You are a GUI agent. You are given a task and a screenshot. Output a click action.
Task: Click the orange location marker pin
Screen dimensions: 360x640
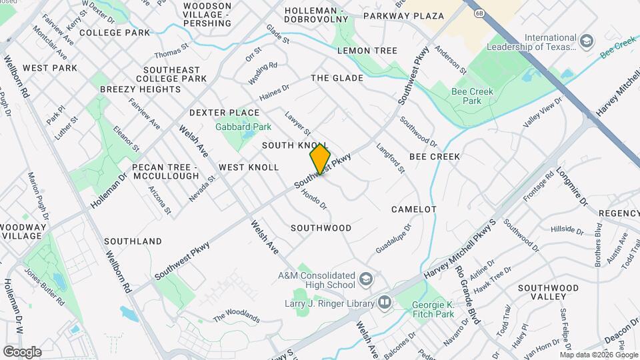[321, 159]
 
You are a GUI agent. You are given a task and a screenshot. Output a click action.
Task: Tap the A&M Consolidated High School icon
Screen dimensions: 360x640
[365, 279]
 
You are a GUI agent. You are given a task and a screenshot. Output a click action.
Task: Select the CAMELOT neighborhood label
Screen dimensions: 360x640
[413, 209]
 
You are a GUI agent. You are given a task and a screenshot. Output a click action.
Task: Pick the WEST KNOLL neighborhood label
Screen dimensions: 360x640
[249, 167]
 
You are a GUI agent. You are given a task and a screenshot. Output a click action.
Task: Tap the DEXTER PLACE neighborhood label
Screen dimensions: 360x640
[224, 113]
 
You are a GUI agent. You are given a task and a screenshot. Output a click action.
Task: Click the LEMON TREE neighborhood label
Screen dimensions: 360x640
[367, 51]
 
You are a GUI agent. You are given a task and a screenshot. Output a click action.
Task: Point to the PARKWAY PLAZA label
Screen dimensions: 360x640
[404, 15]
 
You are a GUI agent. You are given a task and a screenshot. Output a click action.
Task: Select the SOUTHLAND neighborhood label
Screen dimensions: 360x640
[133, 241]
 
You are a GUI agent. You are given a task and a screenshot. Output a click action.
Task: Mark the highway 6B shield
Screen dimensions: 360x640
[480, 13]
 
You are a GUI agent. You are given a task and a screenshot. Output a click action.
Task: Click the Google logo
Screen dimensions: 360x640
[22, 351]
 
